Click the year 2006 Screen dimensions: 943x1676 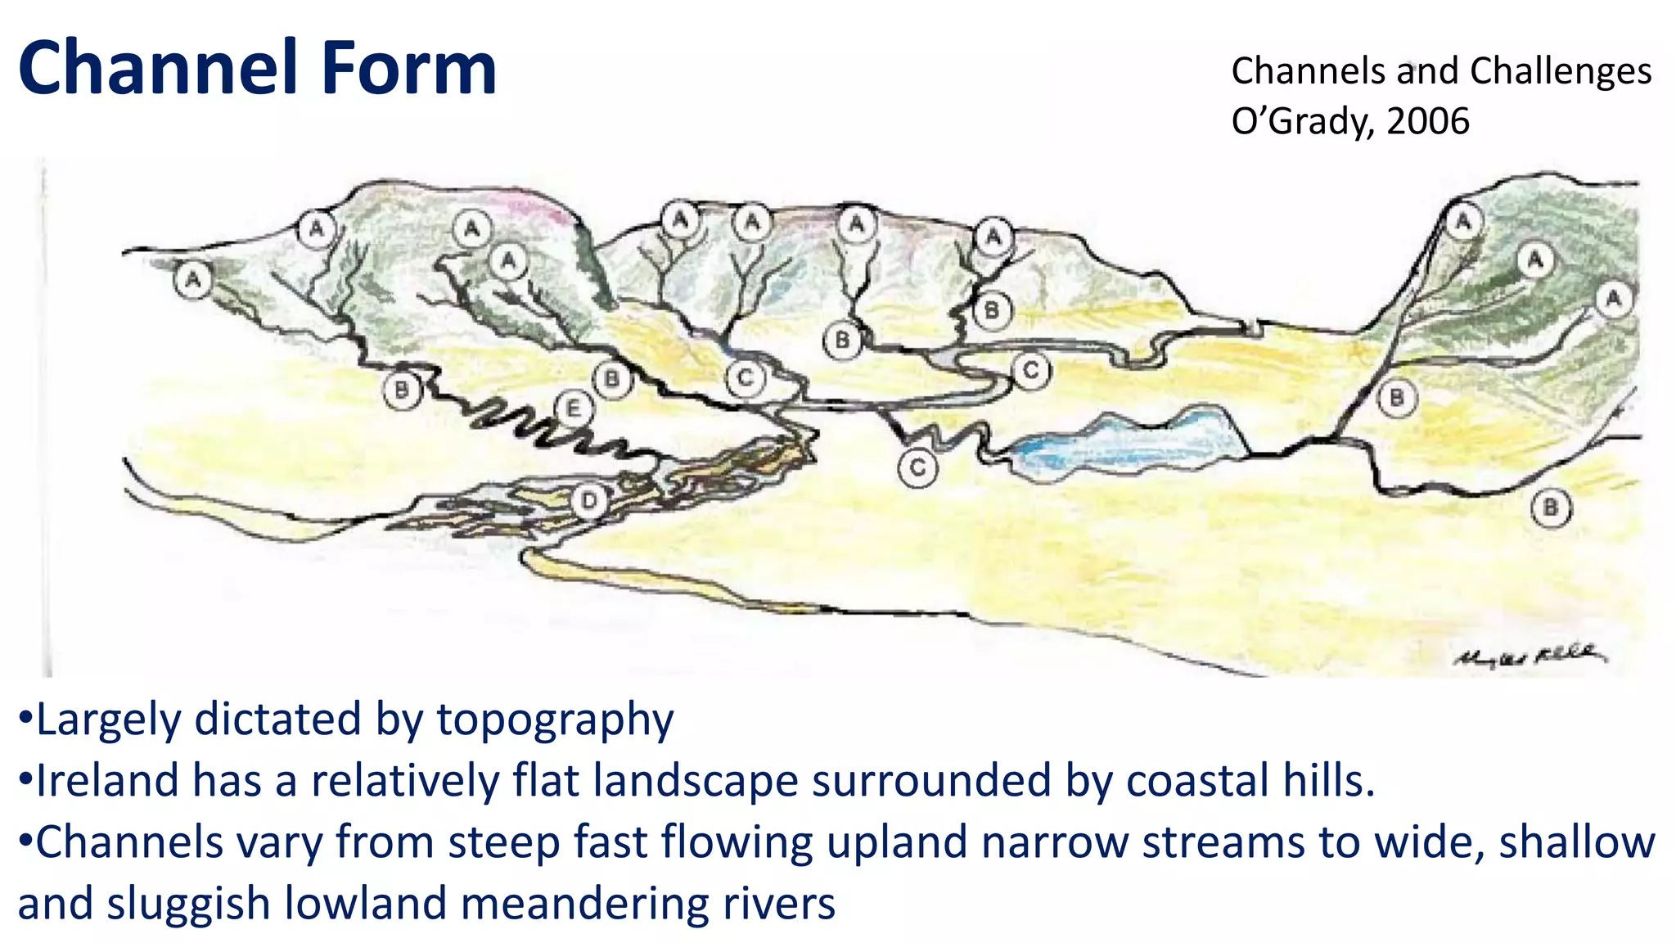click(x=1428, y=121)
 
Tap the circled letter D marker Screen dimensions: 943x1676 click(x=590, y=500)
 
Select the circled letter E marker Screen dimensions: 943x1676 click(x=573, y=408)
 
